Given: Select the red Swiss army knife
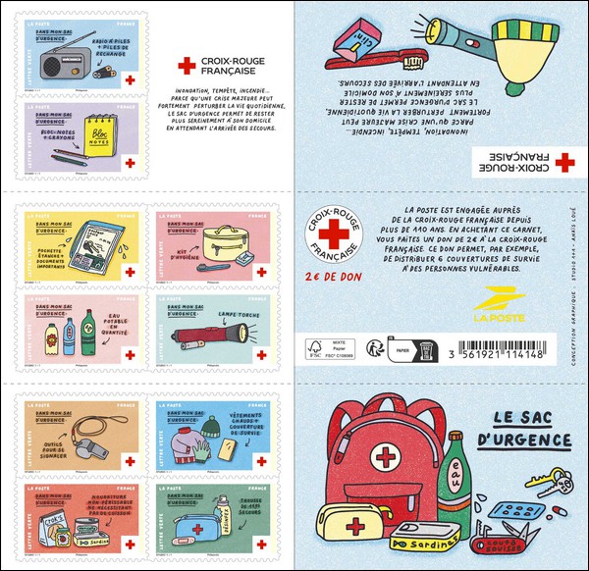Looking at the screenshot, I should (x=508, y=539).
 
